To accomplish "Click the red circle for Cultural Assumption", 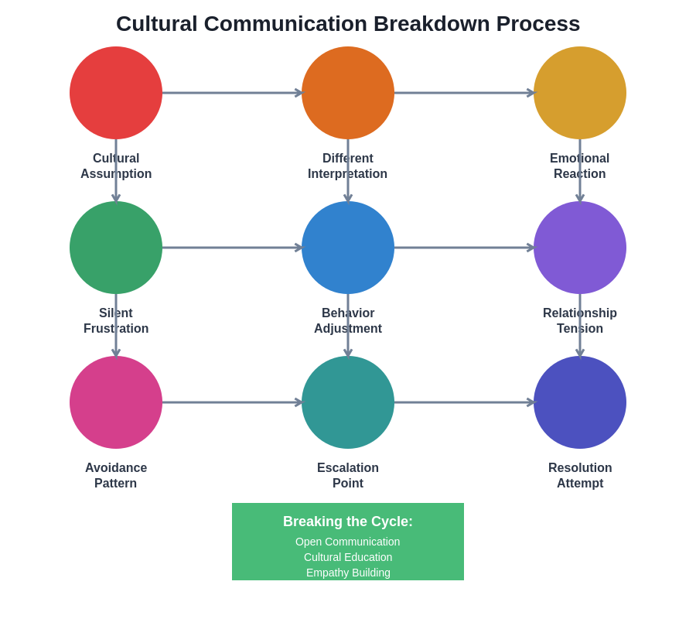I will coord(116,93).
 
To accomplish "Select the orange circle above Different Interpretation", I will coord(348,93).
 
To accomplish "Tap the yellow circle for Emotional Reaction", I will coord(580,93).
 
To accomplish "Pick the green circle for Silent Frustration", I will coord(116,248).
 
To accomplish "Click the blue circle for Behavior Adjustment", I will coord(348,248).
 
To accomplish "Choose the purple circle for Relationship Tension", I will coord(580,248).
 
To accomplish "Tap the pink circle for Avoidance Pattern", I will coord(116,402).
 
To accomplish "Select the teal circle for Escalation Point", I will coord(348,402).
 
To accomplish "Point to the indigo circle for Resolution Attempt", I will coord(580,402).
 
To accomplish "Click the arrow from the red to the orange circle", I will coord(232,93).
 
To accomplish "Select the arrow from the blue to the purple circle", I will coord(464,248).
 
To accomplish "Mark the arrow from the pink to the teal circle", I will coord(232,402).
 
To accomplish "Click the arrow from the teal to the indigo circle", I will coord(464,402).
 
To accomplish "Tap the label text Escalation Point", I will coord(348,476).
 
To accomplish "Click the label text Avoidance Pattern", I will coord(116,476).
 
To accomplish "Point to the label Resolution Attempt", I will coord(580,476).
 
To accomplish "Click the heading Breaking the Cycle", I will coord(348,522).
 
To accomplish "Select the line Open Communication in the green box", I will coord(348,542).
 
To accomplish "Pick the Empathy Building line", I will coord(348,573).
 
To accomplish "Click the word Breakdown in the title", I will coord(432,24).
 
